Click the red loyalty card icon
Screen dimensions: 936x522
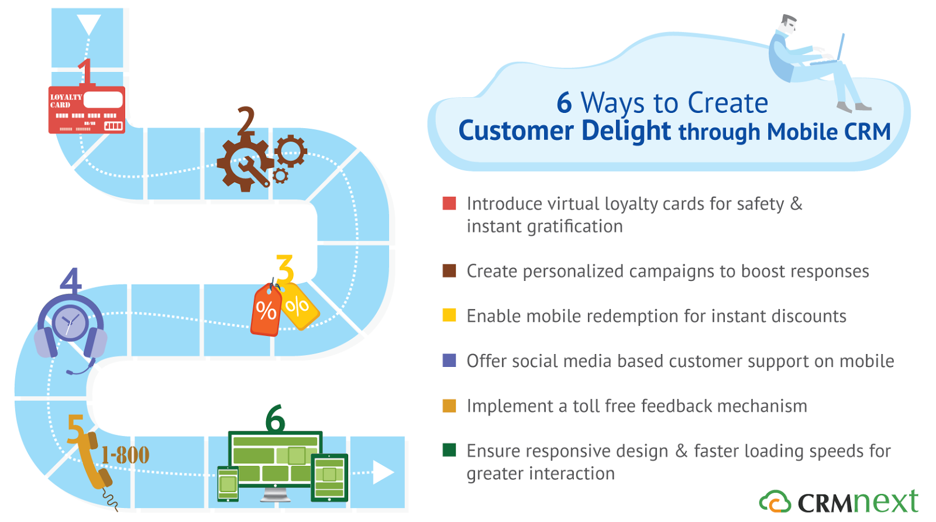point(87,110)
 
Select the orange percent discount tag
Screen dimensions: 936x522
point(266,310)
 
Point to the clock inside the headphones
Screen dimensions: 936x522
point(70,322)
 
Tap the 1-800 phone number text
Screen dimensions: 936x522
point(125,455)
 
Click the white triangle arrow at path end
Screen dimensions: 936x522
point(383,472)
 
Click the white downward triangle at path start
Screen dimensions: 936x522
point(88,25)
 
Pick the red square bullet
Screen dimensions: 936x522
point(449,203)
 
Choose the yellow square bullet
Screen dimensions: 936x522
point(449,315)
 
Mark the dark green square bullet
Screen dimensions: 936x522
point(449,450)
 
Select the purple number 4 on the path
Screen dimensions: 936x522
point(71,281)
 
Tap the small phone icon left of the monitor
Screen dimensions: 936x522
point(228,484)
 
